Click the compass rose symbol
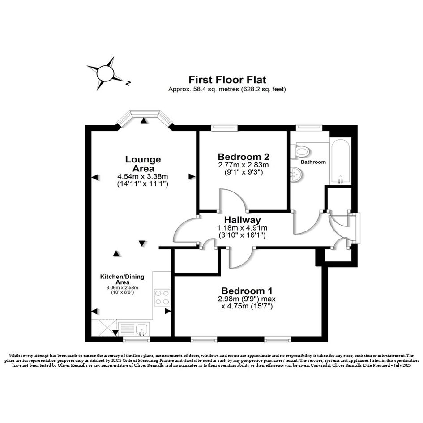[106, 73]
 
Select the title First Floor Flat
[227, 80]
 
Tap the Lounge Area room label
[143, 164]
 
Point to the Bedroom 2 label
[244, 157]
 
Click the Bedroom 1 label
[247, 291]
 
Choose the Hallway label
[243, 220]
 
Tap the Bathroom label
[313, 162]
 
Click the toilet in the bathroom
[300, 151]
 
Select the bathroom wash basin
[297, 174]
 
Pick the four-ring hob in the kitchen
[162, 297]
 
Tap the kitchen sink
[141, 329]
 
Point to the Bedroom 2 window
[224, 127]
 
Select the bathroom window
[309, 127]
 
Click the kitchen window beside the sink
[137, 339]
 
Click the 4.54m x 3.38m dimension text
[143, 177]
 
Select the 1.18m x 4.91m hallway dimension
[242, 228]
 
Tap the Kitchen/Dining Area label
[122, 279]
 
